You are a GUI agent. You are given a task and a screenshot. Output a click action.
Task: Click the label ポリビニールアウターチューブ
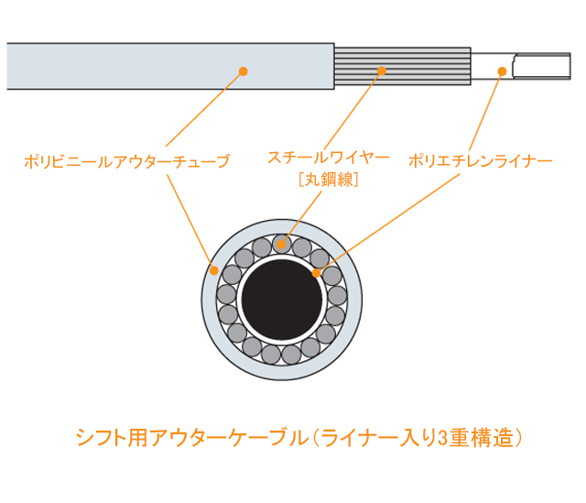click(x=127, y=161)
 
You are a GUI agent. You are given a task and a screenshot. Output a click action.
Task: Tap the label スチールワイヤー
click(x=329, y=158)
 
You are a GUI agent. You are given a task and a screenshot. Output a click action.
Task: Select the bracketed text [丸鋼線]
click(x=329, y=180)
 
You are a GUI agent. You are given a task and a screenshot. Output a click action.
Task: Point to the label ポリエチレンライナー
click(x=480, y=161)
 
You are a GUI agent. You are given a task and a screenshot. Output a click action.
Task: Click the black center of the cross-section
click(x=282, y=300)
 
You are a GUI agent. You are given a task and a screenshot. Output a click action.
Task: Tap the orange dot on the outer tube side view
click(x=244, y=71)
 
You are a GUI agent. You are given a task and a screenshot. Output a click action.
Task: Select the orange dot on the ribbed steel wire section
click(x=382, y=71)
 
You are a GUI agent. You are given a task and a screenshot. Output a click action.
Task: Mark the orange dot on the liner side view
click(x=503, y=71)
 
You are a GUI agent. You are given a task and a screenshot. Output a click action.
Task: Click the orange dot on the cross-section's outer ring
click(x=214, y=270)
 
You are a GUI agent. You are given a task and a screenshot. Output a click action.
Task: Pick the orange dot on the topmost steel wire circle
click(x=281, y=245)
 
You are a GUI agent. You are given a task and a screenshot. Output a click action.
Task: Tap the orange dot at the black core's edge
click(x=316, y=273)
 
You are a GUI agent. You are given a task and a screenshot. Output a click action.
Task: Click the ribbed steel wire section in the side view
click(x=403, y=66)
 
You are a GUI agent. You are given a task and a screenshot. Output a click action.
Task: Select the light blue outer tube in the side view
click(x=170, y=66)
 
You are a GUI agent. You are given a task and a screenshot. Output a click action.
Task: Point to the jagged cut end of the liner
click(x=515, y=66)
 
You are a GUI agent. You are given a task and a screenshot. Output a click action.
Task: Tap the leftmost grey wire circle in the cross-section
click(x=226, y=294)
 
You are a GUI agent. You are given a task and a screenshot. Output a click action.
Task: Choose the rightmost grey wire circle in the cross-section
click(x=338, y=296)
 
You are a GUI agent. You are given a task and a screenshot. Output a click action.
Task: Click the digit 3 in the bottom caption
click(x=442, y=438)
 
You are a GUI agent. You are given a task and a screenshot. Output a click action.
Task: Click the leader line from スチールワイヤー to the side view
click(x=353, y=110)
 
